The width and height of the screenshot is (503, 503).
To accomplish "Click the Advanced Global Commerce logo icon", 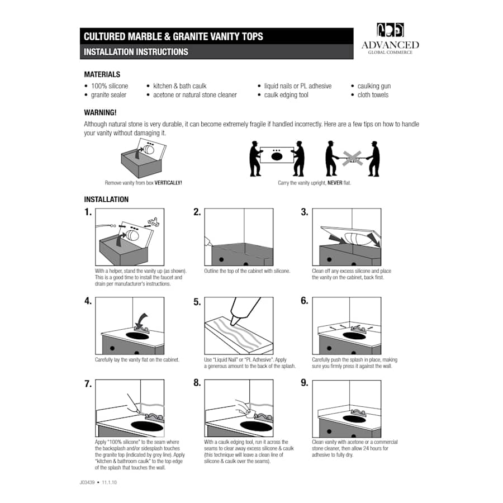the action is coord(390,30).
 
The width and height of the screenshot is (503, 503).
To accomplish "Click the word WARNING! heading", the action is coord(100,112).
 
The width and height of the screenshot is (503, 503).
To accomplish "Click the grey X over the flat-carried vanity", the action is coord(353,159).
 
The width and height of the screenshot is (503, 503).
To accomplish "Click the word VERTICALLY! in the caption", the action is coord(168,183).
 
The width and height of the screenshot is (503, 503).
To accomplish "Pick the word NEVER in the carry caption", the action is coord(335,183).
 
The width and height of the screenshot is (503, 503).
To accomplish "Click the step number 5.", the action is coord(197,302).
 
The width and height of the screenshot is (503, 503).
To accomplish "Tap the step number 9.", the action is coord(305,383).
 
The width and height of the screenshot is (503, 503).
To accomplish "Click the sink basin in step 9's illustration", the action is coord(354,420).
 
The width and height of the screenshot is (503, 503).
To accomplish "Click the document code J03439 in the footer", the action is coord(87,482).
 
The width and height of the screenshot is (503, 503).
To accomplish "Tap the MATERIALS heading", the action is coord(102,74).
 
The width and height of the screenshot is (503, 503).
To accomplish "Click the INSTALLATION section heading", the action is coord(106,200).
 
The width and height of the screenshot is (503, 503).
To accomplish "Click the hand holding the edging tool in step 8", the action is coord(243,407).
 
